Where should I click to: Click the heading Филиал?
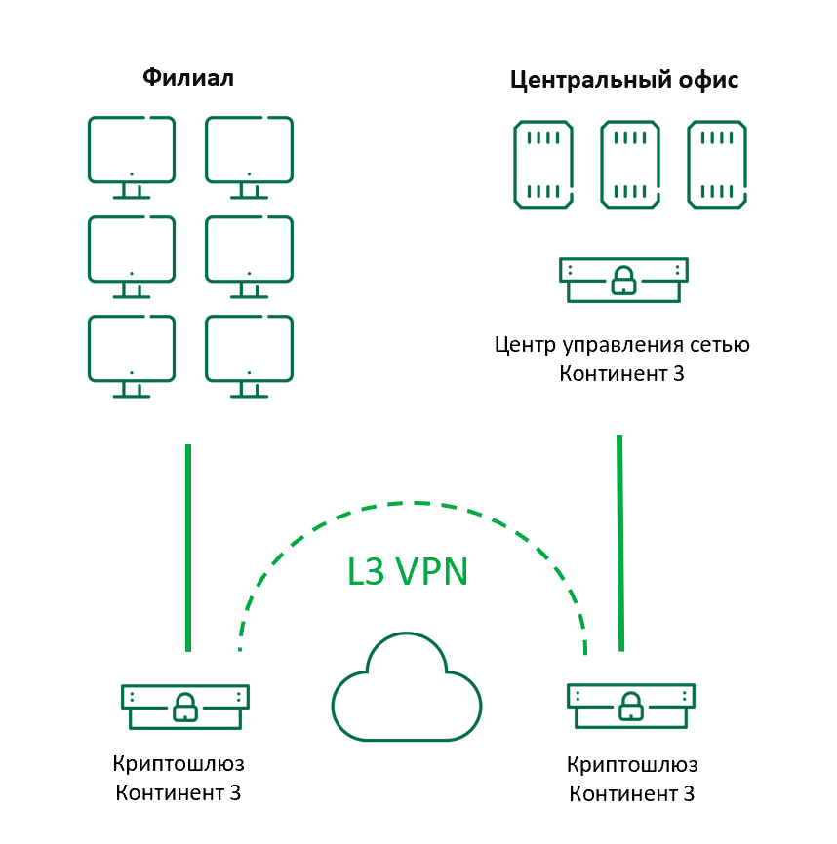pyautogui.click(x=188, y=77)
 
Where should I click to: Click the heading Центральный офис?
pyautogui.click(x=624, y=80)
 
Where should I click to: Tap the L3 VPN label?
pyautogui.click(x=408, y=572)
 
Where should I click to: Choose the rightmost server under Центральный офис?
pyautogui.click(x=718, y=164)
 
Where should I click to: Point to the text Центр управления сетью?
pyautogui.click(x=622, y=344)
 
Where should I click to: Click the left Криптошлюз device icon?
pyautogui.click(x=184, y=706)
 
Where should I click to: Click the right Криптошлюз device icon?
pyautogui.click(x=630, y=706)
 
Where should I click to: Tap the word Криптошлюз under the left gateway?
pyautogui.click(x=179, y=763)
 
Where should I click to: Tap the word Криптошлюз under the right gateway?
pyautogui.click(x=632, y=764)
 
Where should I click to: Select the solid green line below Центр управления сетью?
pyautogui.click(x=618, y=542)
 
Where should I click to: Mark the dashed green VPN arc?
pyautogui.click(x=414, y=505)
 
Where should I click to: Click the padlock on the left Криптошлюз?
pyautogui.click(x=184, y=708)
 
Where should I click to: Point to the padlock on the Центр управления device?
pyautogui.click(x=622, y=284)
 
